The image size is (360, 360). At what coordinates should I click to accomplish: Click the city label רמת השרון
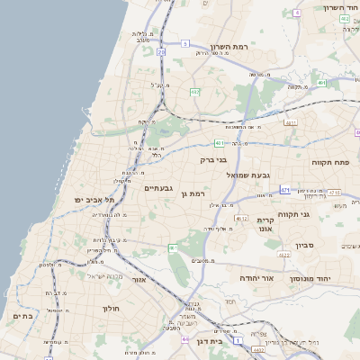pyautogui.click(x=228, y=46)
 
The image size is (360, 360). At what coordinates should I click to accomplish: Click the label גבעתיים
pyautogui.click(x=157, y=188)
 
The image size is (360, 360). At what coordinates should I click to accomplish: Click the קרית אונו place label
pyautogui.click(x=265, y=225)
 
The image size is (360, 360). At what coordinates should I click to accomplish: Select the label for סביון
pyautogui.click(x=303, y=245)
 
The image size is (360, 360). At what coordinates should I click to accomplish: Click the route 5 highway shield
pyautogui.click(x=184, y=42)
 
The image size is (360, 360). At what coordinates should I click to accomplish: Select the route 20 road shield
pyautogui.click(x=161, y=52)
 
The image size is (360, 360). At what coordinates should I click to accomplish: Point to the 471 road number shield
pyautogui.click(x=284, y=190)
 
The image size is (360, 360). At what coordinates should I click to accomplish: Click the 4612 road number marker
pyautogui.click(x=240, y=218)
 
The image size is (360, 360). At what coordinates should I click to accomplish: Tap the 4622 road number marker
pyautogui.click(x=284, y=256)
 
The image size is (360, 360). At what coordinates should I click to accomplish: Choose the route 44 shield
pyautogui.click(x=185, y=340)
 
